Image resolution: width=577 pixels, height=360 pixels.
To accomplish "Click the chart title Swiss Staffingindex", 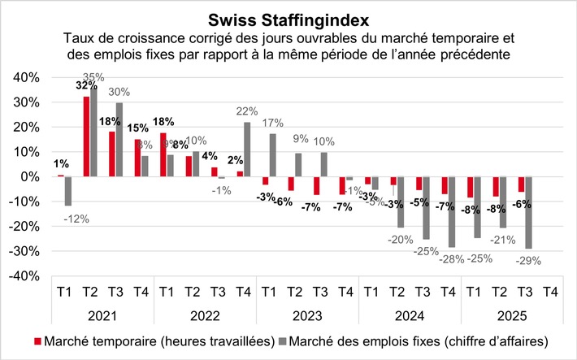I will click(288, 18).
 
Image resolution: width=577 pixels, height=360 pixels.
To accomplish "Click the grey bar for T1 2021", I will click(69, 191).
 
